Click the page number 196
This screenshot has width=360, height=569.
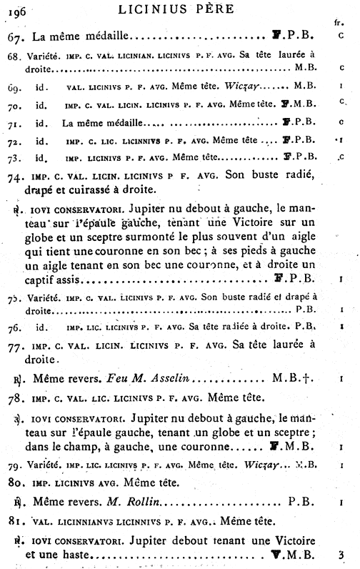click(x=15, y=11)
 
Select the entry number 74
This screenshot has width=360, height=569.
click(x=18, y=174)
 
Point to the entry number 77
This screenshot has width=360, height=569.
click(x=18, y=348)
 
